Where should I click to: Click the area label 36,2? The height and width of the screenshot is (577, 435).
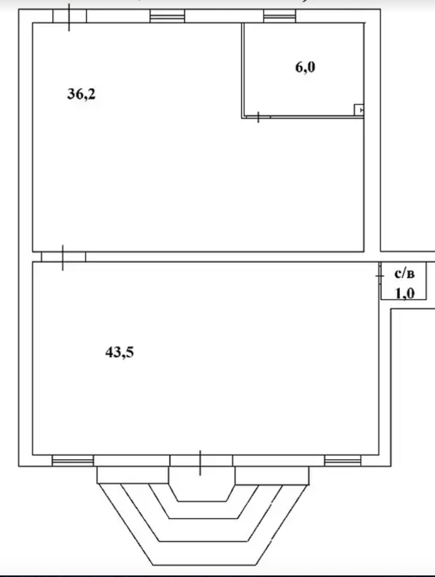(x=81, y=94)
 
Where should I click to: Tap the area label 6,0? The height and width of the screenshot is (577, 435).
(x=305, y=67)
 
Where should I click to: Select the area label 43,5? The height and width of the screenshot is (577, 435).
(x=120, y=352)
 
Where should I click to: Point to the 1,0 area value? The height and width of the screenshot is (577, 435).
(x=405, y=294)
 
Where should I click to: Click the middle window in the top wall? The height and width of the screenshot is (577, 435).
(x=167, y=16)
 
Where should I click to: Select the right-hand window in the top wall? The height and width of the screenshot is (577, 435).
(x=280, y=16)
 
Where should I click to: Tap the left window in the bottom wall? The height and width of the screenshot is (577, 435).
(x=73, y=461)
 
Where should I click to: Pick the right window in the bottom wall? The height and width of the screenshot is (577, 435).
(x=343, y=461)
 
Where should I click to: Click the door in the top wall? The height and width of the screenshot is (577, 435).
(x=70, y=16)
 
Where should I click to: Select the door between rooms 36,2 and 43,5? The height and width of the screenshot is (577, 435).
(x=63, y=257)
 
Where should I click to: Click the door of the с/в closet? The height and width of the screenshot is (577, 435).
(x=380, y=276)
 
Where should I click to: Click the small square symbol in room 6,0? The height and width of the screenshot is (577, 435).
(x=359, y=110)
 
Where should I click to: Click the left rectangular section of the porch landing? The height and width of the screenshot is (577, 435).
(x=133, y=475)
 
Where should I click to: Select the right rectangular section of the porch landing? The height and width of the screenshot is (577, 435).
(x=272, y=475)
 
